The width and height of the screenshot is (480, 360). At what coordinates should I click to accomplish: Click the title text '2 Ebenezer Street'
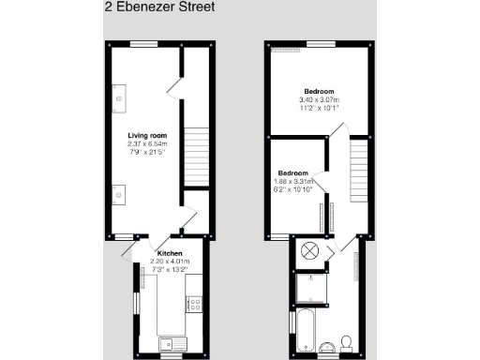[158, 7]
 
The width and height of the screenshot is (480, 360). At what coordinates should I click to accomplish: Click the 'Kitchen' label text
[170, 253]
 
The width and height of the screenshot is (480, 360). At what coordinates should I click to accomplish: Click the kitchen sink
[170, 341]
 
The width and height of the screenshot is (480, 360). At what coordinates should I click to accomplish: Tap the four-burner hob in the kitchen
[195, 303]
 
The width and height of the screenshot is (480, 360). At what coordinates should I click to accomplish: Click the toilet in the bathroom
[345, 341]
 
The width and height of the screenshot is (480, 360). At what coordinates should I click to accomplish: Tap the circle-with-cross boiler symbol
[310, 253]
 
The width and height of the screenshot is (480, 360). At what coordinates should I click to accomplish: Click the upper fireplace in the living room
[119, 97]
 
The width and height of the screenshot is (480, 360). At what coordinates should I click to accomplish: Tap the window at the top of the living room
[142, 44]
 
